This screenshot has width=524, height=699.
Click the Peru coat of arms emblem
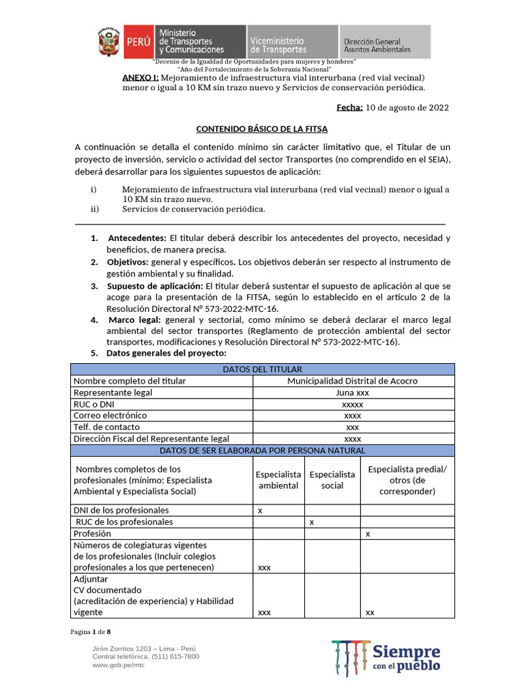[109, 42]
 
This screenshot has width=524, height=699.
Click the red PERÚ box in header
[139, 42]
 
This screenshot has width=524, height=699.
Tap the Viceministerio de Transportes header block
[292, 42]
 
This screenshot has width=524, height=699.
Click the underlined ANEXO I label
[141, 78]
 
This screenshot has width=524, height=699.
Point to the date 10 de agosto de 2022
[407, 107]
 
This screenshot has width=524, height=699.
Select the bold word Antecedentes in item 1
[137, 238]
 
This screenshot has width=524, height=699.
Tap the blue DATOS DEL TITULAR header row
[263, 369]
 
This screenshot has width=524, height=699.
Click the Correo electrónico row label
[111, 416]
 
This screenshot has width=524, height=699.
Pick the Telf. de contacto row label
[106, 427]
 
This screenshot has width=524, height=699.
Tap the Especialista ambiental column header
[278, 480]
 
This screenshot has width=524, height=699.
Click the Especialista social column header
[332, 480]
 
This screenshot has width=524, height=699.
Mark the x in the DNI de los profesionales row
[261, 511]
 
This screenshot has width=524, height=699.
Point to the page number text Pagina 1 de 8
[91, 631]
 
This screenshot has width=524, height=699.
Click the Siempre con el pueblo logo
[386, 658]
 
